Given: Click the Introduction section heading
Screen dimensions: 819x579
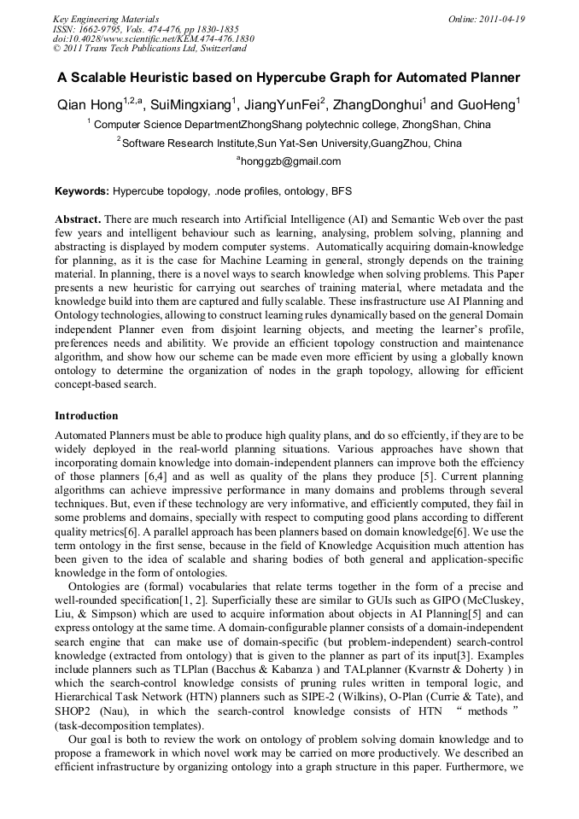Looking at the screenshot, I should [86, 416].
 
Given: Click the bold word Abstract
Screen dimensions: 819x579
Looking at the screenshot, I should [78, 219].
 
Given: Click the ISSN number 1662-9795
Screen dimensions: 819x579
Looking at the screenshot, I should [102, 28].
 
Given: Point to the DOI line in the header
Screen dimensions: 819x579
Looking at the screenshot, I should [154, 38].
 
